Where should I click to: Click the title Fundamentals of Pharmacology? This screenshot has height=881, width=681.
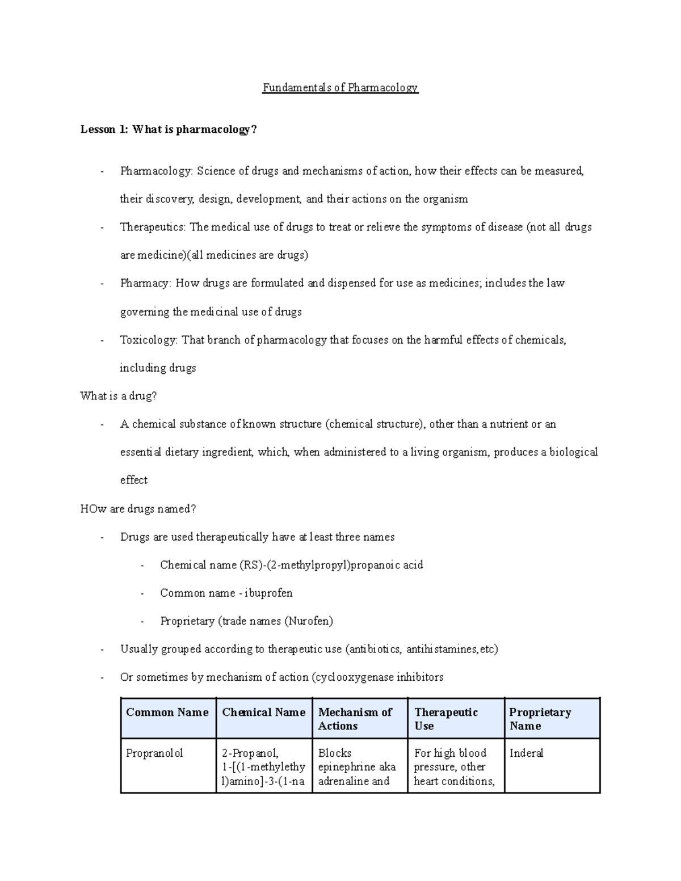[340, 88]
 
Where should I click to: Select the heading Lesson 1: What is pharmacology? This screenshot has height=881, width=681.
[169, 130]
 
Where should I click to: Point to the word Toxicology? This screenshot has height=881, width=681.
[149, 340]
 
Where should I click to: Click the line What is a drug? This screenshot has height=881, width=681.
[119, 396]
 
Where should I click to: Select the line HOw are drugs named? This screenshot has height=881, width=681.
[138, 509]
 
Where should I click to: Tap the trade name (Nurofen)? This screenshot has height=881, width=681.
[309, 621]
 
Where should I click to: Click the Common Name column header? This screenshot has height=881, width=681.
[167, 713]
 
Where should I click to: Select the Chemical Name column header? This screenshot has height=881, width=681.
[264, 713]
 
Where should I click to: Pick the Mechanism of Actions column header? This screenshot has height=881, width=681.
[355, 719]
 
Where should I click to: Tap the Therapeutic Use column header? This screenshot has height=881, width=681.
[446, 719]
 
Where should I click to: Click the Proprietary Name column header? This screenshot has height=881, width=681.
[540, 719]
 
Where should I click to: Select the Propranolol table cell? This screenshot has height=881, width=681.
[154, 753]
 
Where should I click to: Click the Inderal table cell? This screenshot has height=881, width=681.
[526, 753]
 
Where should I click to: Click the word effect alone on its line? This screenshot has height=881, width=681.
[134, 480]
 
